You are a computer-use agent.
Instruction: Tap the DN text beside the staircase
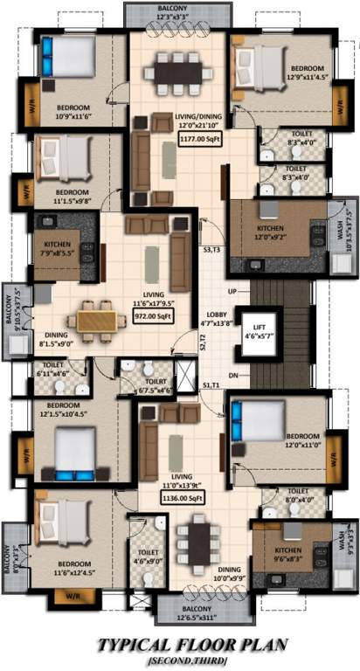pyautogui.click(x=232, y=376)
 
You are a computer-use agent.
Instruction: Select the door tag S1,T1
pyautogui.click(x=211, y=385)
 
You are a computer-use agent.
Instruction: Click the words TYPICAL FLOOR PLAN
pyautogui.click(x=179, y=645)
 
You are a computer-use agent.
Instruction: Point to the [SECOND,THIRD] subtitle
pyautogui.click(x=179, y=661)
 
